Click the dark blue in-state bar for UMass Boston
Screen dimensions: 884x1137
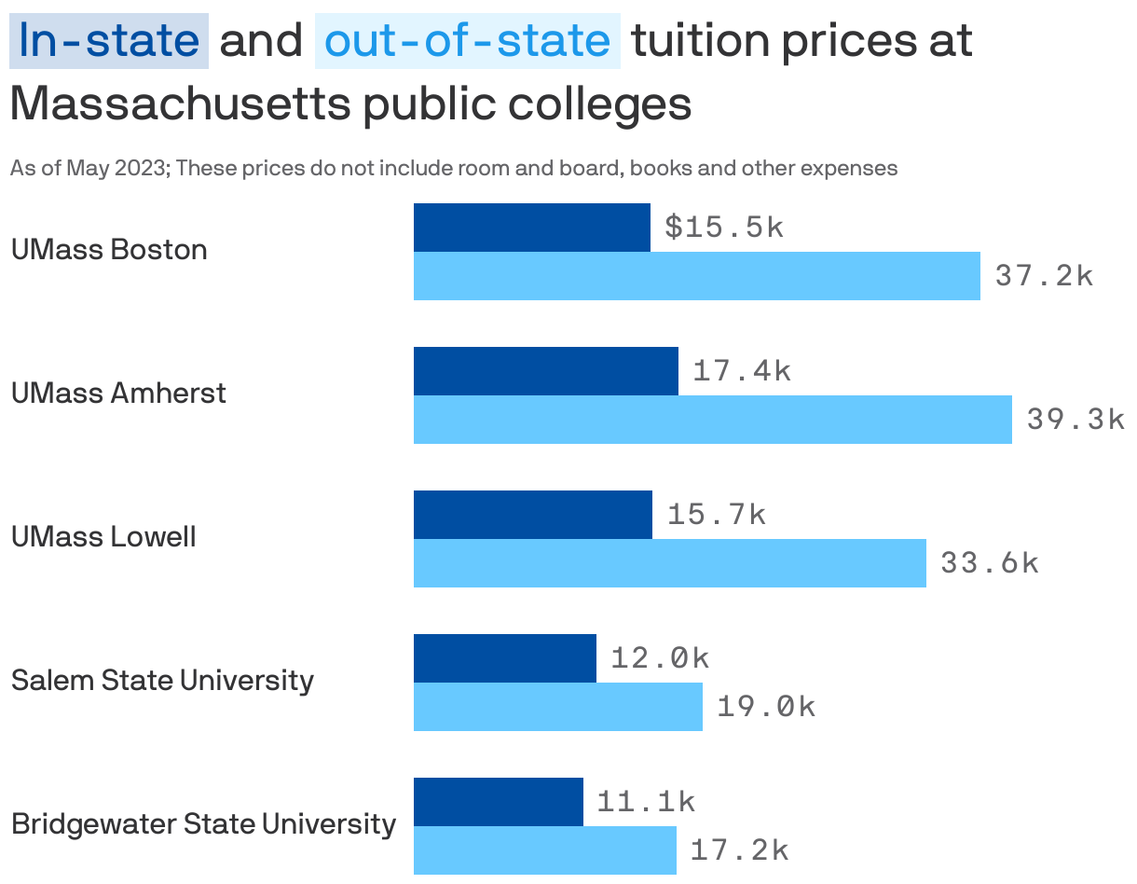pos(531,228)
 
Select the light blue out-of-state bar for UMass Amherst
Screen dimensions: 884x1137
pos(712,420)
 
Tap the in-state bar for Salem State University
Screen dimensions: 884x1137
pos(504,658)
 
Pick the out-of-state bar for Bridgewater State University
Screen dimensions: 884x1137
pos(544,850)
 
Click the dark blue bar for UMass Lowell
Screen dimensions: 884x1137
pos(532,515)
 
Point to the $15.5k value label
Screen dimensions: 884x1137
pos(724,228)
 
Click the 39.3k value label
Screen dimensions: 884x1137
pos(1075,420)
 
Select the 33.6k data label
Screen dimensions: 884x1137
pos(989,563)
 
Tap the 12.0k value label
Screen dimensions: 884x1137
pos(660,658)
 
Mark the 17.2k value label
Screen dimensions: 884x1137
pos(739,850)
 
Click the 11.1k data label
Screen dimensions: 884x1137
pos(646,802)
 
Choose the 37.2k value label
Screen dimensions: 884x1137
pos(1044,276)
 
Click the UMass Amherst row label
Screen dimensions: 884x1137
pos(118,394)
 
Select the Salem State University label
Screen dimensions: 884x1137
pos(162,681)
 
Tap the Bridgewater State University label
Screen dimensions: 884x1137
pos(203,824)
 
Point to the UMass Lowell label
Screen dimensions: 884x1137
pos(103,537)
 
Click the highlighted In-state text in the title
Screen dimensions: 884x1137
pos(109,41)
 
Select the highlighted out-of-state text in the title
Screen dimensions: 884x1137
pos(467,41)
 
